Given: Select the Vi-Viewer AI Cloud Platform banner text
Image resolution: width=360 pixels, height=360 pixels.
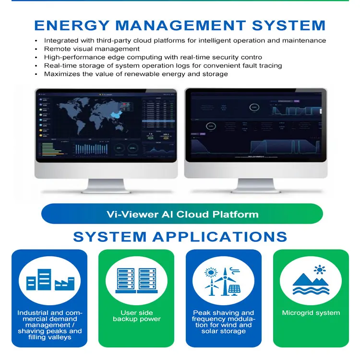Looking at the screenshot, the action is (x=182, y=214).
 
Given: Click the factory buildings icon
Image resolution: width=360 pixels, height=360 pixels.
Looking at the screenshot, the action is (x=49, y=281).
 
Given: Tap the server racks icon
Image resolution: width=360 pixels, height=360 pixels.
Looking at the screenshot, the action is (x=136, y=281).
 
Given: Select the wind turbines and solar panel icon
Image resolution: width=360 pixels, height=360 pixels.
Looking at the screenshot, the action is (x=223, y=281).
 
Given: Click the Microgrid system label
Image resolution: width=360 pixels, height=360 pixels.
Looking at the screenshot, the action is (x=311, y=313).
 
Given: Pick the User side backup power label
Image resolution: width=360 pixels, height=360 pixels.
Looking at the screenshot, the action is (x=136, y=316).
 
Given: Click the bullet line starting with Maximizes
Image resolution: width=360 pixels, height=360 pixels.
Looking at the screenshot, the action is (x=136, y=74).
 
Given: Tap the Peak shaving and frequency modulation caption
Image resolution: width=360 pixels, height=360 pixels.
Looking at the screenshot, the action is (x=223, y=322).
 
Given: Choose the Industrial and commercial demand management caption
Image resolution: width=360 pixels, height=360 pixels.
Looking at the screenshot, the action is (x=49, y=324).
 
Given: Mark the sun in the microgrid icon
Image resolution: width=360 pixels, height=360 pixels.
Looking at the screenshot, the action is (x=317, y=269).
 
